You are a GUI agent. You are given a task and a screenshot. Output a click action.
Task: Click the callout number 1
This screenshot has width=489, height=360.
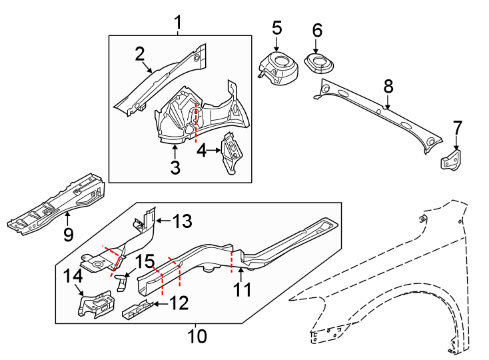click(178, 23)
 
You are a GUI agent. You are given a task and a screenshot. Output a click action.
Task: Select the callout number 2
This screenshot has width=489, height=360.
click(139, 53)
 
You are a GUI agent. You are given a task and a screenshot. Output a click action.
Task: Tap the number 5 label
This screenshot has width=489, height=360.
click(276, 28)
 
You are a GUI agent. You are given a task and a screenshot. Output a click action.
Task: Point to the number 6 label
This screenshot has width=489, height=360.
click(317, 30)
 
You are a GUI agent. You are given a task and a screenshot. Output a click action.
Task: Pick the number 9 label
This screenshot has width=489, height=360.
click(67, 234)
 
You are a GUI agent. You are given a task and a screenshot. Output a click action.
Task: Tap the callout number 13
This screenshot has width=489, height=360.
click(182, 220)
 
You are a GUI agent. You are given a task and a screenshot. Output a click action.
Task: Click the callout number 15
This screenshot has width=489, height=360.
click(145, 261)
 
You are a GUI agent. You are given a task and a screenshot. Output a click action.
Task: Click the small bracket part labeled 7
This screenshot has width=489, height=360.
click(452, 161)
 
